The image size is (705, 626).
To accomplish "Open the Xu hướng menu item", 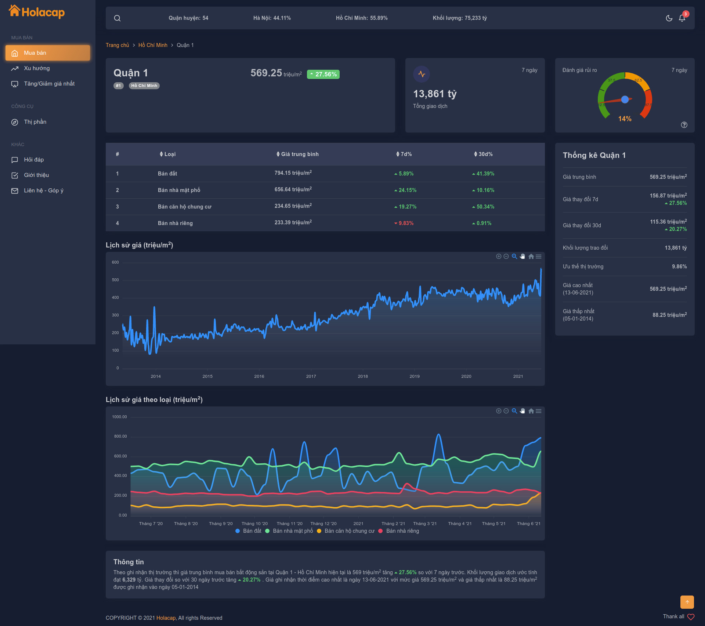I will click(x=36, y=68).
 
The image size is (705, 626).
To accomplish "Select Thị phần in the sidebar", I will click(x=35, y=122).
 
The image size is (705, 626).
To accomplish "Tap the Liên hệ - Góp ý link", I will click(x=43, y=191).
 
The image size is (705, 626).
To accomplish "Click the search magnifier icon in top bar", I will click(x=117, y=18).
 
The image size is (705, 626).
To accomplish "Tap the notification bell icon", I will click(x=682, y=18).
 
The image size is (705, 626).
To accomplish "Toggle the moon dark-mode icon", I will click(x=669, y=18).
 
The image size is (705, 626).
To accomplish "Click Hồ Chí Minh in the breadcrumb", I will click(x=153, y=45).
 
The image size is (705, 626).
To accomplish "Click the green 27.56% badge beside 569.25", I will click(x=323, y=74).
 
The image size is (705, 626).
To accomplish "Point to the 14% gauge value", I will click(x=625, y=119).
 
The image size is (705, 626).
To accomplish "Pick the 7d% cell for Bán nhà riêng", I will click(x=404, y=223).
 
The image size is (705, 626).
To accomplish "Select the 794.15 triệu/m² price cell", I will click(x=293, y=173).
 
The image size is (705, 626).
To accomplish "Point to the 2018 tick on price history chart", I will click(x=363, y=376).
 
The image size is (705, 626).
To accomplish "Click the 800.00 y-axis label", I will click(x=120, y=436).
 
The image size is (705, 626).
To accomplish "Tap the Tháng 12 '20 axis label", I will click(x=323, y=524).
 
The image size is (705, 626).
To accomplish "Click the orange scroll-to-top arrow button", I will click(x=687, y=602).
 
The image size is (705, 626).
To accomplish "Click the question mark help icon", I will click(x=684, y=125).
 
